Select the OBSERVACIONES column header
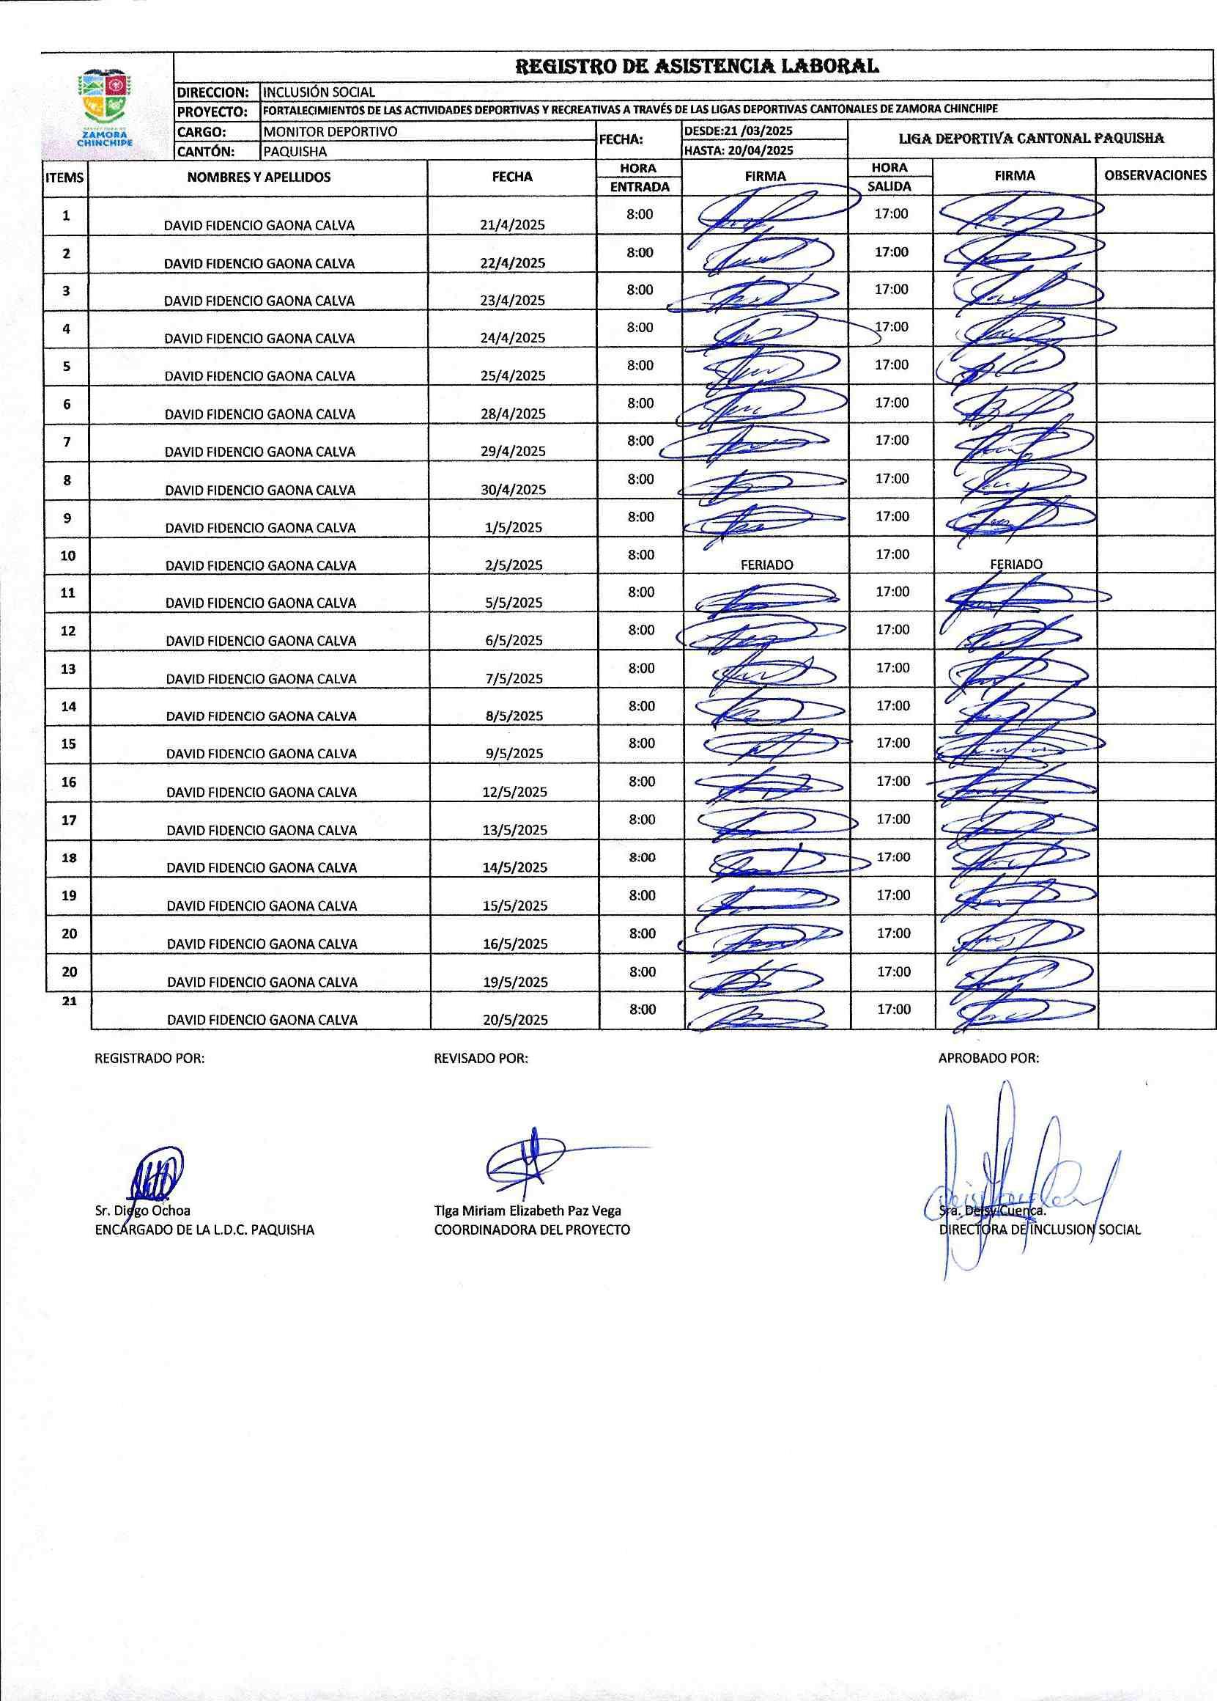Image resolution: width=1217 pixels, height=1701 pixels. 1155,175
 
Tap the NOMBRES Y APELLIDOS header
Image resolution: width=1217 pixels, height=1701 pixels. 259,177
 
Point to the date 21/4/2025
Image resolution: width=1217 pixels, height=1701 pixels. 513,225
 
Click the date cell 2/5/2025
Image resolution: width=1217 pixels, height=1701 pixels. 514,565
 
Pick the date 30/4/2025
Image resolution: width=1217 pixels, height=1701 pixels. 514,490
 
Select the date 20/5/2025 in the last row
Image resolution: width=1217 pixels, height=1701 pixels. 515,1020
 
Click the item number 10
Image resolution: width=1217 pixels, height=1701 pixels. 67,556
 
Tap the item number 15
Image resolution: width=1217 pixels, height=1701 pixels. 68,743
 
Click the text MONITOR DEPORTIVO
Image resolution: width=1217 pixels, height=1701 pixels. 330,131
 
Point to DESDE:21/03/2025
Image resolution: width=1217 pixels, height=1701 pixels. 738,131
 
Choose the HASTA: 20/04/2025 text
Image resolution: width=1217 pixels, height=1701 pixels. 738,150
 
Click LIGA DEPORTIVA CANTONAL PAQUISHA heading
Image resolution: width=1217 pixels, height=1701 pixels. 1031,139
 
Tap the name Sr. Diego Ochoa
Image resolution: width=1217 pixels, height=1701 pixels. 142,1210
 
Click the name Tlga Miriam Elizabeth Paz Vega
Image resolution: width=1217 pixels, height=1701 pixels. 528,1210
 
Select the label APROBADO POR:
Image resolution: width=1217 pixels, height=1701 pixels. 988,1059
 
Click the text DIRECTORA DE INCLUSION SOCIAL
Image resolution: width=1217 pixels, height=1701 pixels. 1040,1230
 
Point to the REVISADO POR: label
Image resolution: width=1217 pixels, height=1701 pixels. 481,1059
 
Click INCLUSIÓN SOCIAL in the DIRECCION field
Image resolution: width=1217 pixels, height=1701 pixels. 319,92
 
